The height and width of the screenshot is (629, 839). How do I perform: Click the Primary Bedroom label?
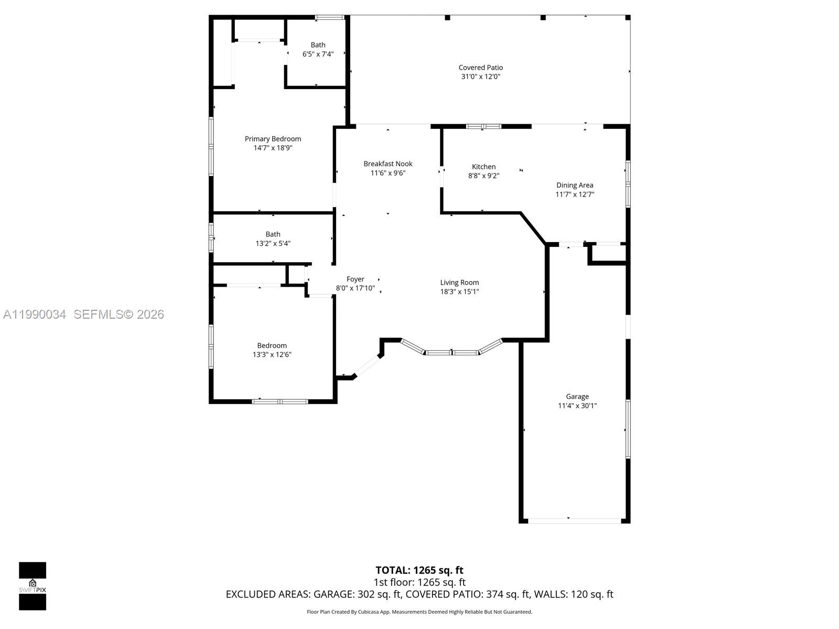click(273, 139)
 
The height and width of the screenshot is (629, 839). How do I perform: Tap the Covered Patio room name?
click(480, 68)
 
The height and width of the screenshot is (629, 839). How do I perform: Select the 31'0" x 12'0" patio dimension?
click(480, 77)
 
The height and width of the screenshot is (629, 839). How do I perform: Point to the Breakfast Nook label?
click(388, 164)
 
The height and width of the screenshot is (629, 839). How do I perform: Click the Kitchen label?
click(483, 167)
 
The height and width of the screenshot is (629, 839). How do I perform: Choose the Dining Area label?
click(575, 185)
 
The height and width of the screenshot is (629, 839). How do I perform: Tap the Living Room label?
click(459, 283)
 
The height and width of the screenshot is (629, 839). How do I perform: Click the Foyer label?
click(355, 279)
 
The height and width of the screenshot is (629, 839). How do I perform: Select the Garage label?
click(577, 397)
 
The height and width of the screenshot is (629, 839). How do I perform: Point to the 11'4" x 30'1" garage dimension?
click(577, 406)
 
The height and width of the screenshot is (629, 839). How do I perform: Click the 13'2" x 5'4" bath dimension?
click(273, 243)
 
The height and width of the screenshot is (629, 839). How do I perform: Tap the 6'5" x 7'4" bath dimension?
click(318, 54)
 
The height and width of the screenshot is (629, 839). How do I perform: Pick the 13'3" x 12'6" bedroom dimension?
click(272, 354)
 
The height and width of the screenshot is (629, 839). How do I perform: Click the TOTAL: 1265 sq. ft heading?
click(419, 570)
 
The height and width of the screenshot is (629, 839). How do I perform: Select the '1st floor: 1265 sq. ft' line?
click(419, 582)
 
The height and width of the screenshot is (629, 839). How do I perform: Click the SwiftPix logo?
click(33, 586)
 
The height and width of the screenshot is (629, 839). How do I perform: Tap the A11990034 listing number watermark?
click(35, 314)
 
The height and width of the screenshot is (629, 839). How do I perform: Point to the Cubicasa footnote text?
click(419, 612)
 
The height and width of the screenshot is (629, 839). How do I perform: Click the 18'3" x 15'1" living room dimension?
click(459, 291)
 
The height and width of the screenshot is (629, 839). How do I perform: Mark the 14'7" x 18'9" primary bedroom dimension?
click(273, 148)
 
